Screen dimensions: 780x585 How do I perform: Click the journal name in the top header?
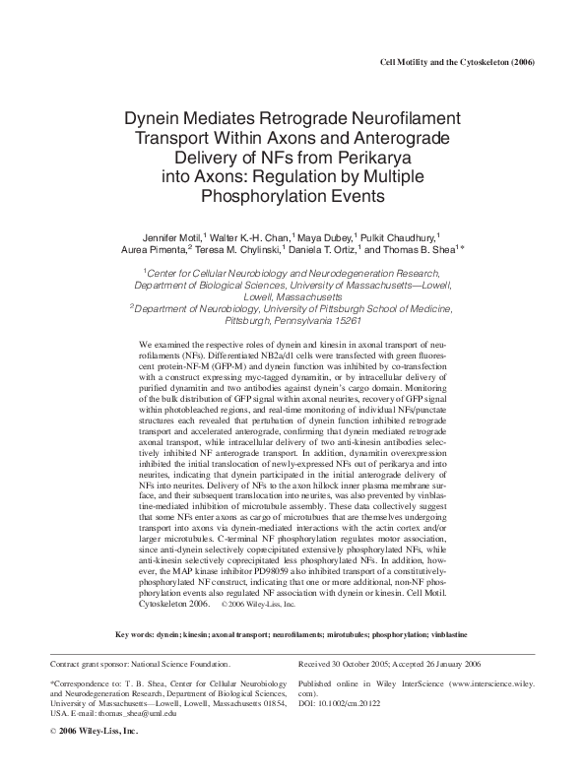coord(456,62)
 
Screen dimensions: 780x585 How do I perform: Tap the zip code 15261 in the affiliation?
coord(342,320)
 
